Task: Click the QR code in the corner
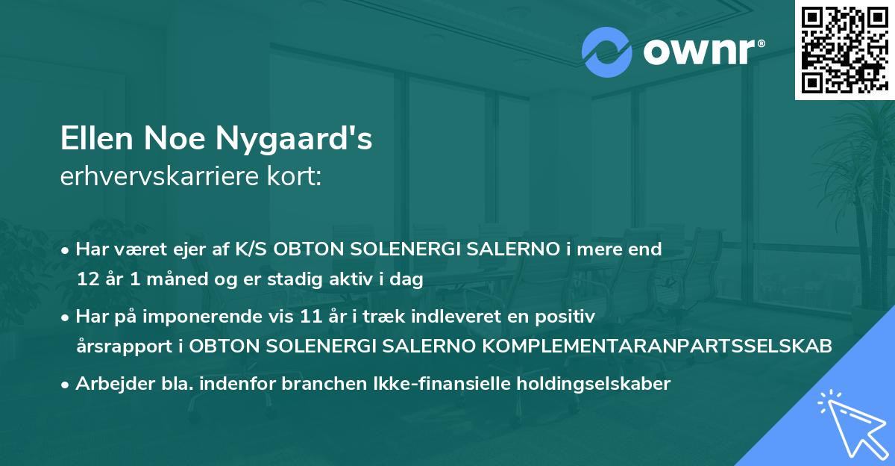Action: coord(844,49)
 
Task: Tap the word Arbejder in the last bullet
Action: coord(110,384)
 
